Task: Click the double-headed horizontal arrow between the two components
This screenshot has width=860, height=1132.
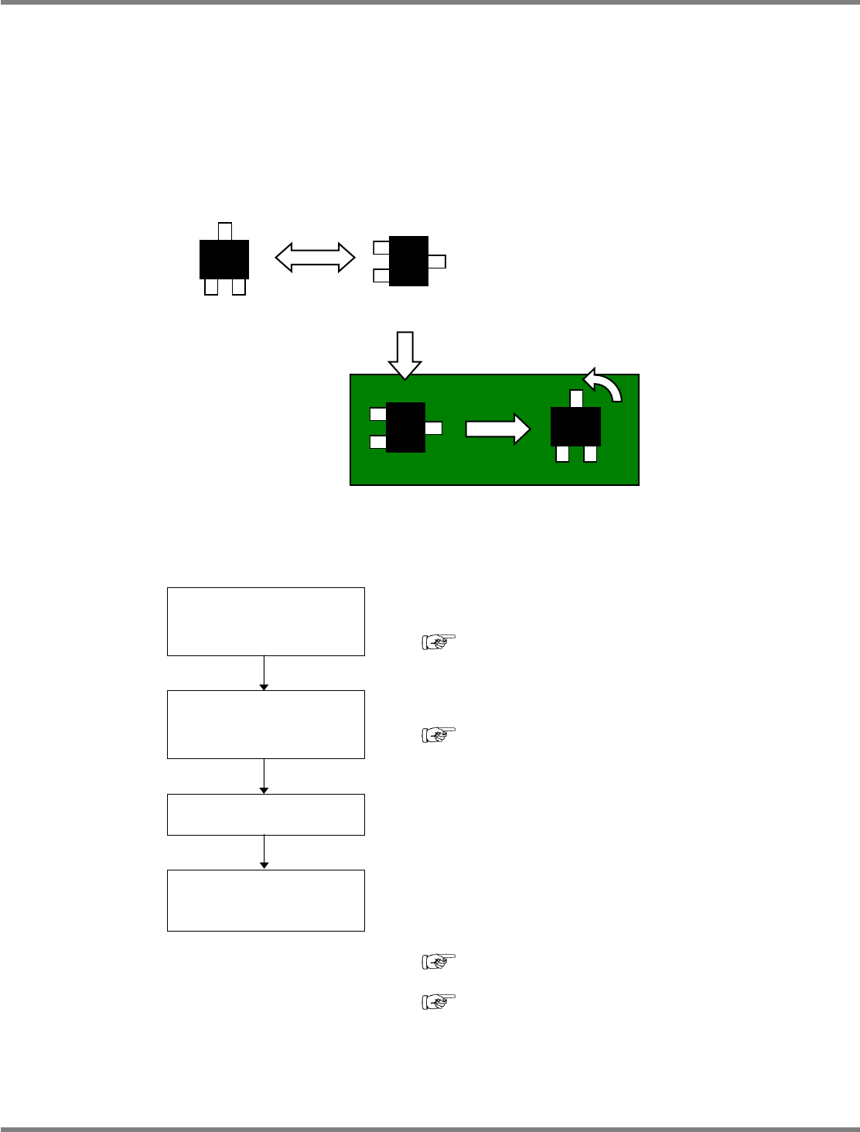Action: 315,258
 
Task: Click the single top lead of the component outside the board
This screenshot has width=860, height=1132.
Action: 225,231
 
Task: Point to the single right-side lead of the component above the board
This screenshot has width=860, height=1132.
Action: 437,262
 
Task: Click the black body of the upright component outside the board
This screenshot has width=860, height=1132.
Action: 224,259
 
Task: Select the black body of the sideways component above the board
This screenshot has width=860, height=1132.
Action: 408,261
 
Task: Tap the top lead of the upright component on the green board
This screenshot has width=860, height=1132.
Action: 575,398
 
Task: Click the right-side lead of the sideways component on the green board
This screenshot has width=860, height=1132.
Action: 434,428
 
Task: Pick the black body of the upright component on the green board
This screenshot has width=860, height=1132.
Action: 575,426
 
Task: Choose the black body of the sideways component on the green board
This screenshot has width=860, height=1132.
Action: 405,427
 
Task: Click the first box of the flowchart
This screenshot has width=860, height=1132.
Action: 265,621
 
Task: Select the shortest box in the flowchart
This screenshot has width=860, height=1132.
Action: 265,814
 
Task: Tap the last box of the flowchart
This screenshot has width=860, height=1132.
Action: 265,900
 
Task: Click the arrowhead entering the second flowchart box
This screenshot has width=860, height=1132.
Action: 264,686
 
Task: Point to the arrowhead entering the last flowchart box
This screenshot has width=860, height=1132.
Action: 264,865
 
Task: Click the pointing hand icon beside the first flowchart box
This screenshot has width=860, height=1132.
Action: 439,641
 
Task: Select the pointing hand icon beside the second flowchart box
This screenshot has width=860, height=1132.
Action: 439,734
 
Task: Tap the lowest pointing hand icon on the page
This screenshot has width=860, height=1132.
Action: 439,1002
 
